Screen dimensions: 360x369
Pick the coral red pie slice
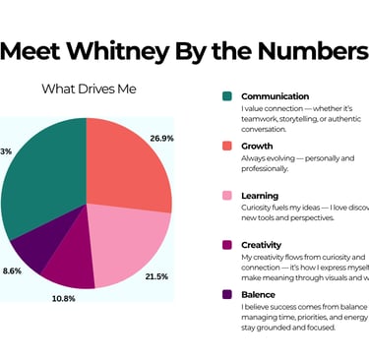click(128, 162)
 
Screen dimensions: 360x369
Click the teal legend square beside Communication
click(226, 96)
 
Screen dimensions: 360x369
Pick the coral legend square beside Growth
click(226, 146)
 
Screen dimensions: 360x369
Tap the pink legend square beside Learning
click(226, 196)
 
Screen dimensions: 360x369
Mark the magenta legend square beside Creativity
click(226, 245)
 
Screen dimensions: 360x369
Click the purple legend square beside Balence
click(226, 293)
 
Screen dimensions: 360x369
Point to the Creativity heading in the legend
click(266, 245)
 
